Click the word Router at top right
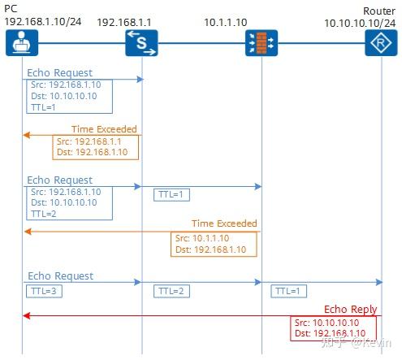point(379,11)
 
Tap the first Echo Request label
point(60,73)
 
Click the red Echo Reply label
point(349,309)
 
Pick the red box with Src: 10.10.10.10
point(333,327)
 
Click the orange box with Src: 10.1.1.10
point(214,244)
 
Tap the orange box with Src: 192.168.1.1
point(94,146)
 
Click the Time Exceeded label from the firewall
point(224,223)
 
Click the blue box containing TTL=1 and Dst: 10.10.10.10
point(67,96)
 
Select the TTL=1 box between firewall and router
point(291,290)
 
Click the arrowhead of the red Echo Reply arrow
point(27,315)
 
